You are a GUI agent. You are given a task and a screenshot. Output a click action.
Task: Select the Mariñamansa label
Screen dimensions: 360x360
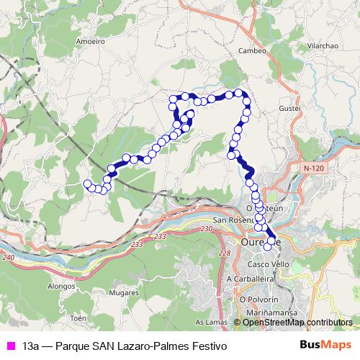[263, 312]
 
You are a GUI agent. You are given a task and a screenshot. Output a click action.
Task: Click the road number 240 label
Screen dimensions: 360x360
[9, 257]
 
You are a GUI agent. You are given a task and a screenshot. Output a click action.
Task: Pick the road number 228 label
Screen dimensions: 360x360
[225, 253]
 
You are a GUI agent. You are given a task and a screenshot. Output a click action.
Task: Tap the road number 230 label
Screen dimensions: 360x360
[207, 228]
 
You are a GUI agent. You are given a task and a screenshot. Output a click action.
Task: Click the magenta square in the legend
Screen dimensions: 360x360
[9, 346]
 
